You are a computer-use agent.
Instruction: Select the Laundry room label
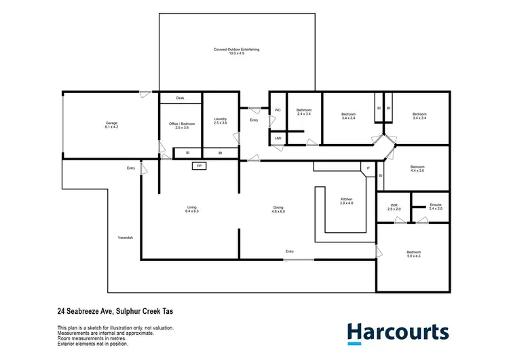[x=219, y=121]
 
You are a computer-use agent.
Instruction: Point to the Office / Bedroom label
[x=181, y=125]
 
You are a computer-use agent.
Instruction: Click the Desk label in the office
[x=180, y=98]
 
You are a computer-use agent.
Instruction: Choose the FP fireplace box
[x=199, y=166]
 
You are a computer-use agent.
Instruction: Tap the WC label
[x=278, y=110]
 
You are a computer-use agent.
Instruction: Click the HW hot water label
[x=278, y=139]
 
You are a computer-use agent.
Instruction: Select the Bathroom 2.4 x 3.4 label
[x=303, y=112]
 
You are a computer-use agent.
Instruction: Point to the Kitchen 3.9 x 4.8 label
[x=347, y=201]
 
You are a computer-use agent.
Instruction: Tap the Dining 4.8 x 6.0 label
[x=278, y=209]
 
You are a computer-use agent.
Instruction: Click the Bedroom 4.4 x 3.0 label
[x=417, y=168]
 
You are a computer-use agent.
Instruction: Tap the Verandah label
[x=125, y=238]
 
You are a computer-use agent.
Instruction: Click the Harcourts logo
[x=398, y=332]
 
